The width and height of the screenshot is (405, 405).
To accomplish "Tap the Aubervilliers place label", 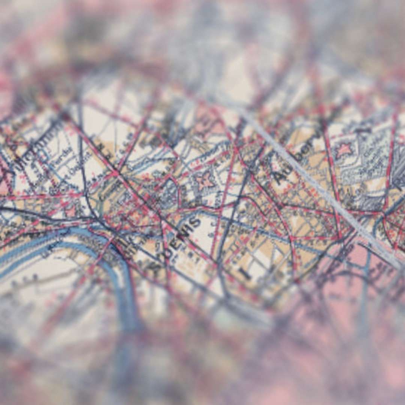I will click(296, 157).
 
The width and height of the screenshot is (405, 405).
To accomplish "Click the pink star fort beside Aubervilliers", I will click(343, 150).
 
